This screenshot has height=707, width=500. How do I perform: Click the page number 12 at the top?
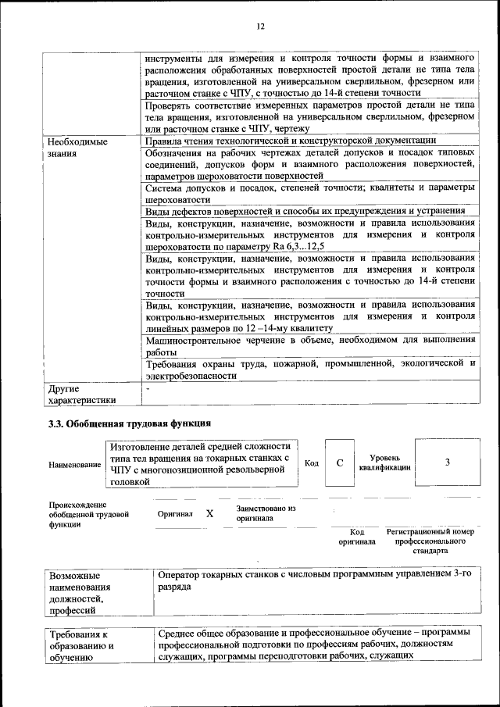[260, 27]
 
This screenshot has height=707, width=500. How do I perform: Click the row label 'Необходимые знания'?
[78, 148]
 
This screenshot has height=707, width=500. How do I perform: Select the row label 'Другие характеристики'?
[81, 395]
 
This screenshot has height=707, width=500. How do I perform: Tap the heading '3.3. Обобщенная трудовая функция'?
[126, 424]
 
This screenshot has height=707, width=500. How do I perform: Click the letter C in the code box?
[340, 462]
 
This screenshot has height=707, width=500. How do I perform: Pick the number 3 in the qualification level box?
[447, 462]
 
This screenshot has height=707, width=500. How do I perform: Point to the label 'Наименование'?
[74, 465]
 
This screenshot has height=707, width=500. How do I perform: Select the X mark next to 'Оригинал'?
[209, 514]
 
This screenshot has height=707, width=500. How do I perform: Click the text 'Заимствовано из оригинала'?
[266, 513]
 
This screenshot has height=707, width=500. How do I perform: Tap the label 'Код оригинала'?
[357, 537]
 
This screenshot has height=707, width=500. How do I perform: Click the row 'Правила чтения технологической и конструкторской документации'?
[285, 141]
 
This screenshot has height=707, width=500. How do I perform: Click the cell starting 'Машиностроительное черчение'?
[309, 345]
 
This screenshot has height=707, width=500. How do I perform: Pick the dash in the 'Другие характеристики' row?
[147, 387]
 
